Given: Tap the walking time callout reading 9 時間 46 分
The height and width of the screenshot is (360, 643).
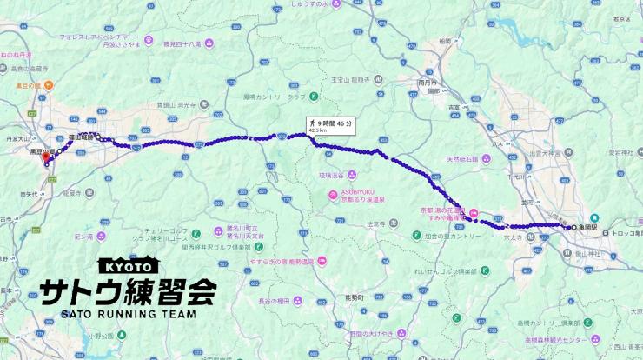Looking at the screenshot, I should [x=330, y=124].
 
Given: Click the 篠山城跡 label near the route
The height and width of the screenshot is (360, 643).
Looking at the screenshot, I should [x=82, y=137].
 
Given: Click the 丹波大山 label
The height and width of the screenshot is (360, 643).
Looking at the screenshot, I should [x=17, y=138].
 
